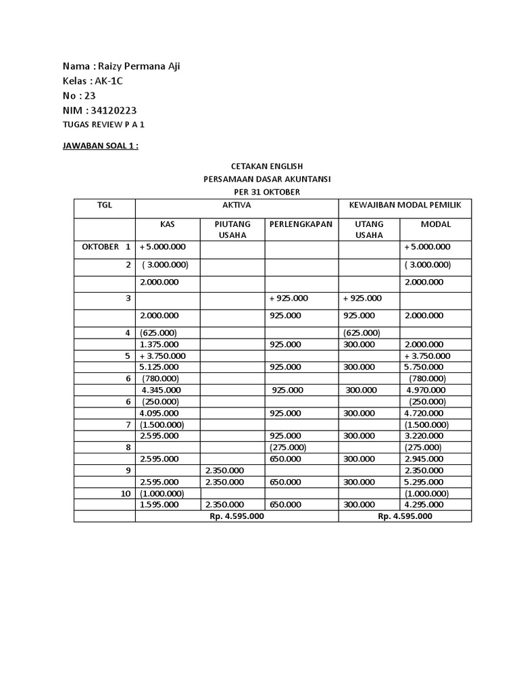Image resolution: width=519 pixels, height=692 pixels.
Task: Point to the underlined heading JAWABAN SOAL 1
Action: click(100, 145)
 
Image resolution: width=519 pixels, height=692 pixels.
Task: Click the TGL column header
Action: click(105, 204)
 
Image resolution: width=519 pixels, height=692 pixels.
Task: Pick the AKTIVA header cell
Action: click(237, 204)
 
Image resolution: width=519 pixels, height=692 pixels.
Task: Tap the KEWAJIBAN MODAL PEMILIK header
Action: click(405, 204)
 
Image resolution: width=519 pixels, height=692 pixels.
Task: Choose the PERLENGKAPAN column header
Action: click(301, 224)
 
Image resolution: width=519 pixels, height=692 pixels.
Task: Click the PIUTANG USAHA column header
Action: click(232, 229)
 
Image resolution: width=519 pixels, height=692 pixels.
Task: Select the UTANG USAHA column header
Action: click(369, 229)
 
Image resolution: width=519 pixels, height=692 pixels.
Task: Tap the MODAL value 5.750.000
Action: click(424, 367)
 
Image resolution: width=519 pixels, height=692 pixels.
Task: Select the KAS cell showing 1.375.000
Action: click(159, 344)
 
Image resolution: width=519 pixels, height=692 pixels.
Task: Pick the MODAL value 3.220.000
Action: click(424, 436)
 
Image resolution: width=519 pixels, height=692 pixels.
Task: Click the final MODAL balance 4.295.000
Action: click(424, 504)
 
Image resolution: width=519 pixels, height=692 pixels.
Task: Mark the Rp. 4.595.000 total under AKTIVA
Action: click(236, 516)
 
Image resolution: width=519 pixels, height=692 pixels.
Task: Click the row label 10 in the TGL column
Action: click(126, 493)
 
